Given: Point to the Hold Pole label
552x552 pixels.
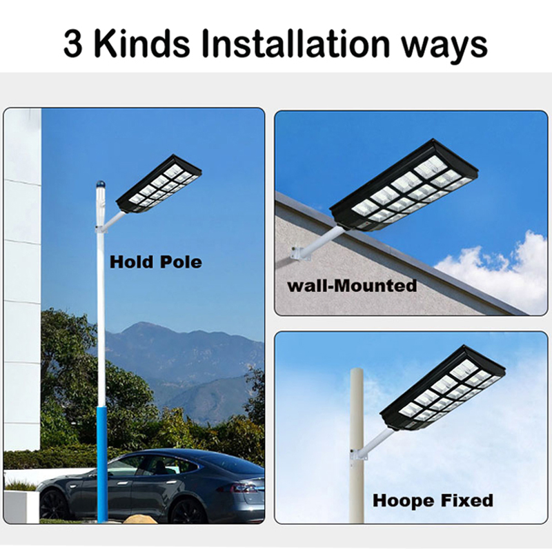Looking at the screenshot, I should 156,262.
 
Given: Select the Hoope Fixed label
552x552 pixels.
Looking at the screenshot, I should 433,500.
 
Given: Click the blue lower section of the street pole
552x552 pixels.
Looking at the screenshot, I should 102,462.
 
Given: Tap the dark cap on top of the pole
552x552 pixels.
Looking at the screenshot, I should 99,184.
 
